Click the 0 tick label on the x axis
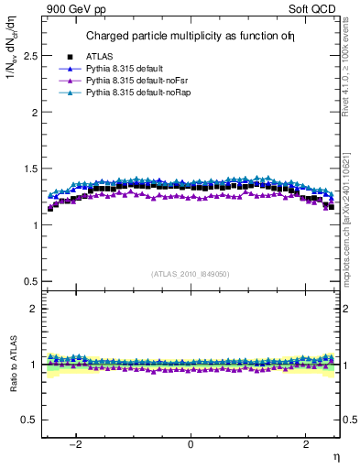click(191, 445)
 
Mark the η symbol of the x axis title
click(335, 457)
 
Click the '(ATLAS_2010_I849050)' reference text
click(191, 274)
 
